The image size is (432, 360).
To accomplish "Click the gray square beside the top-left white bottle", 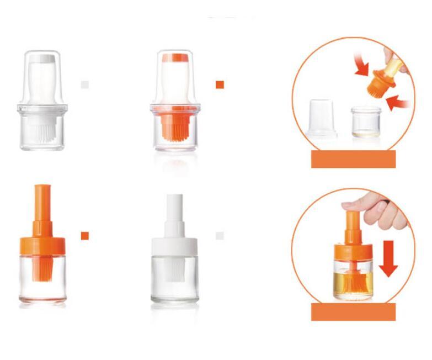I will [x=85, y=84].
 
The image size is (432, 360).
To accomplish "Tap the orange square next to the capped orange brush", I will [x=220, y=84].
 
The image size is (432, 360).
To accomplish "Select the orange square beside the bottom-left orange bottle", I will [x=85, y=236].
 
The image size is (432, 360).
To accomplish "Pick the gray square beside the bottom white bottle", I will [x=220, y=236].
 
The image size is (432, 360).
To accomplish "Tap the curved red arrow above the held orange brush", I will [x=360, y=65].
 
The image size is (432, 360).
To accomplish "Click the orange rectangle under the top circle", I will [x=354, y=159].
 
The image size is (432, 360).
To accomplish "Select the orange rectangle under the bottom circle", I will [x=354, y=311].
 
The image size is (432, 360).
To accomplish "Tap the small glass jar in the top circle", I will [x=366, y=121].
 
